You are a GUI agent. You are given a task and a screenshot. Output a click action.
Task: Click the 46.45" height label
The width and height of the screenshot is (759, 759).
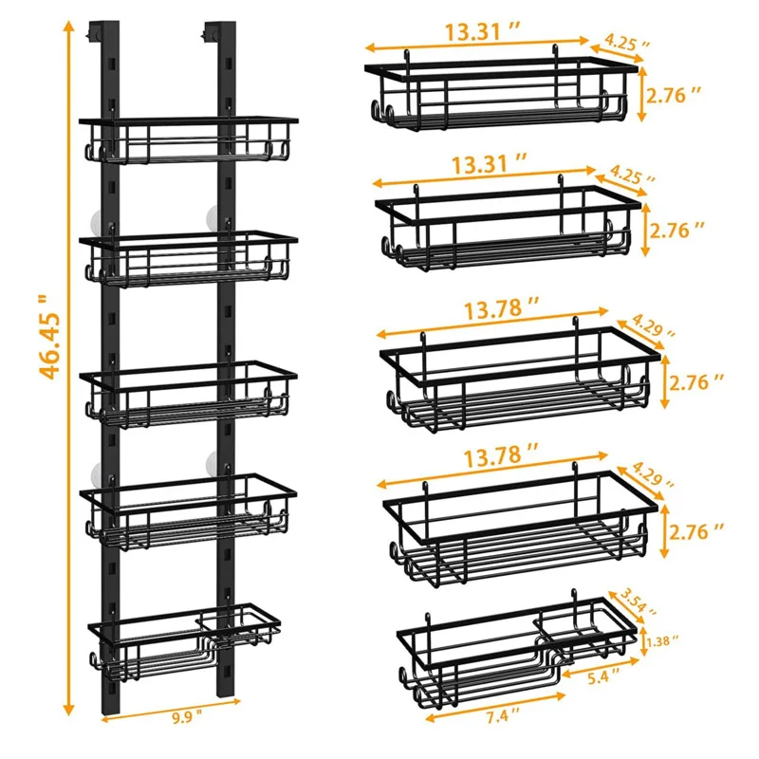click(50, 337)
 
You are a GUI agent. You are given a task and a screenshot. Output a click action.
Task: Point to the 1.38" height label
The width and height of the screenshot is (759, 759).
click(662, 641)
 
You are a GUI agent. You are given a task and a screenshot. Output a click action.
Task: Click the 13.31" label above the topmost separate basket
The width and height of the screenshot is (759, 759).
click(482, 32)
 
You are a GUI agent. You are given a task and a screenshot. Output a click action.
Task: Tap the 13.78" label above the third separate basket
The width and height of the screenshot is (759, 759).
click(501, 308)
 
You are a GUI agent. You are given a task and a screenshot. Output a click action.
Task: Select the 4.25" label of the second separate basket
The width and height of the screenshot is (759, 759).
click(633, 175)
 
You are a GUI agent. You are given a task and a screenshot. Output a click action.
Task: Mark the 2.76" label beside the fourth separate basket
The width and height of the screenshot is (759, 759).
click(696, 531)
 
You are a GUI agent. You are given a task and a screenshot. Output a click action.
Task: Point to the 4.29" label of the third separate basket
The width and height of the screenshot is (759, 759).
click(653, 325)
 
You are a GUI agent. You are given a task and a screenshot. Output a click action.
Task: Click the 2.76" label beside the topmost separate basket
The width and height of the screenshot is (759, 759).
click(674, 96)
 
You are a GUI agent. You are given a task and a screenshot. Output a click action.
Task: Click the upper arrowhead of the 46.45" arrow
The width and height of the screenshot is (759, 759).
click(69, 27)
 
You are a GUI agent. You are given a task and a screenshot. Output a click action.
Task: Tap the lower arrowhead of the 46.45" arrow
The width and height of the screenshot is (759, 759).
click(69, 709)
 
